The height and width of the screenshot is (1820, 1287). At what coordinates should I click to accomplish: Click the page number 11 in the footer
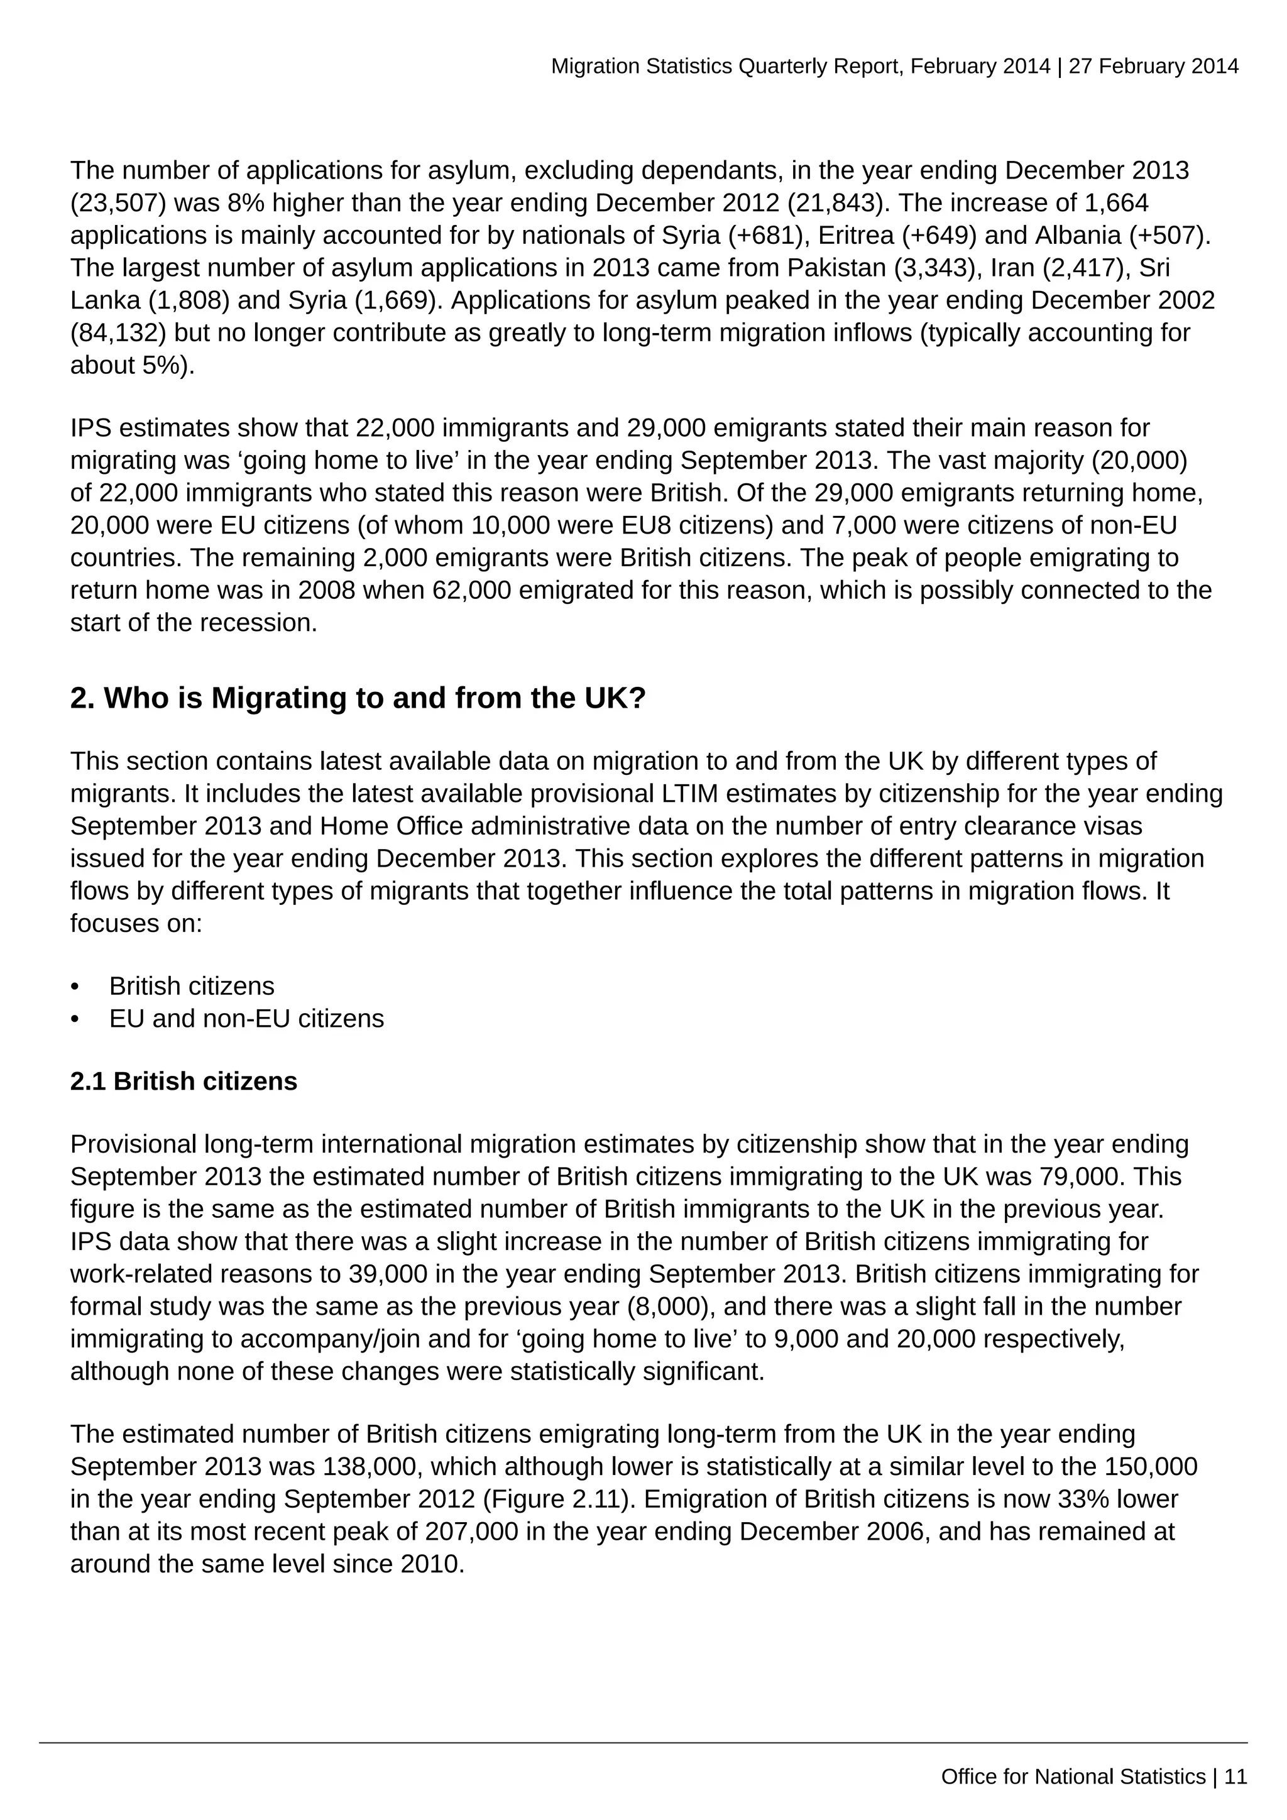coord(1235,1777)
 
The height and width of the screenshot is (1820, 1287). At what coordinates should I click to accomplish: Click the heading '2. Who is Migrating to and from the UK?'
coord(358,698)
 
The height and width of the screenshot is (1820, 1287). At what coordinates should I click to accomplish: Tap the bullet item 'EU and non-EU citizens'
coord(246,1019)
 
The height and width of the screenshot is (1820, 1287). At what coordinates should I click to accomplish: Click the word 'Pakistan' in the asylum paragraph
coord(836,268)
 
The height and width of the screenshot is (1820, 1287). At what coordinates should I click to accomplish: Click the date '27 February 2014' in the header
coord(1153,67)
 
